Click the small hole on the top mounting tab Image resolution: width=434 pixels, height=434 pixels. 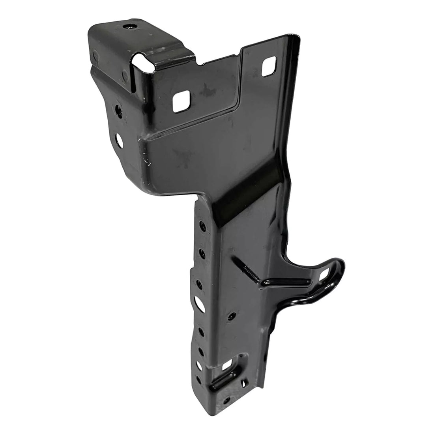coord(129,28)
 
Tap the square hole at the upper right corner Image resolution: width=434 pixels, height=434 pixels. coord(268,68)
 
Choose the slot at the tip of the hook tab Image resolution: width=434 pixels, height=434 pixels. coord(326,273)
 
